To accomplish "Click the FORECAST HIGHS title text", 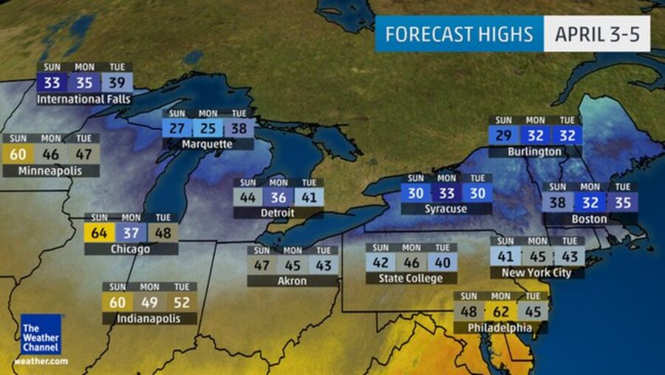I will tap(458, 34).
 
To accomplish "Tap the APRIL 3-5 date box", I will tap(597, 34).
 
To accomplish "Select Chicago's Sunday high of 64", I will tap(99, 233).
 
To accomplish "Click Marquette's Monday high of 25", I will tap(208, 128).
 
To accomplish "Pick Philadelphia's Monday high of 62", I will tap(501, 311).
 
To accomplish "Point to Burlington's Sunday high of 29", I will tap(504, 135).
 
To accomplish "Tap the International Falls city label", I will tap(83, 99).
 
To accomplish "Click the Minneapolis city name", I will tap(51, 171).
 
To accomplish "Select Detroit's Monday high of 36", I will tap(279, 197).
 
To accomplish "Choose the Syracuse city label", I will tap(446, 209).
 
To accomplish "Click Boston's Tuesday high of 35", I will tap(623, 202).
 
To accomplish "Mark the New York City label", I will tap(537, 273).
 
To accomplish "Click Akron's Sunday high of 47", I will tap(262, 266).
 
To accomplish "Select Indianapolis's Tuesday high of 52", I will tap(181, 302).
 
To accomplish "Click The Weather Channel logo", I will tap(41, 334).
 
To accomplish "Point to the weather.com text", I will tap(41, 362).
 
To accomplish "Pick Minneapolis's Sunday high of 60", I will tap(18, 154).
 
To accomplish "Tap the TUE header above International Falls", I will tap(117, 67).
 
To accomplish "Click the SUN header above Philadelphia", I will tap(468, 296).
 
